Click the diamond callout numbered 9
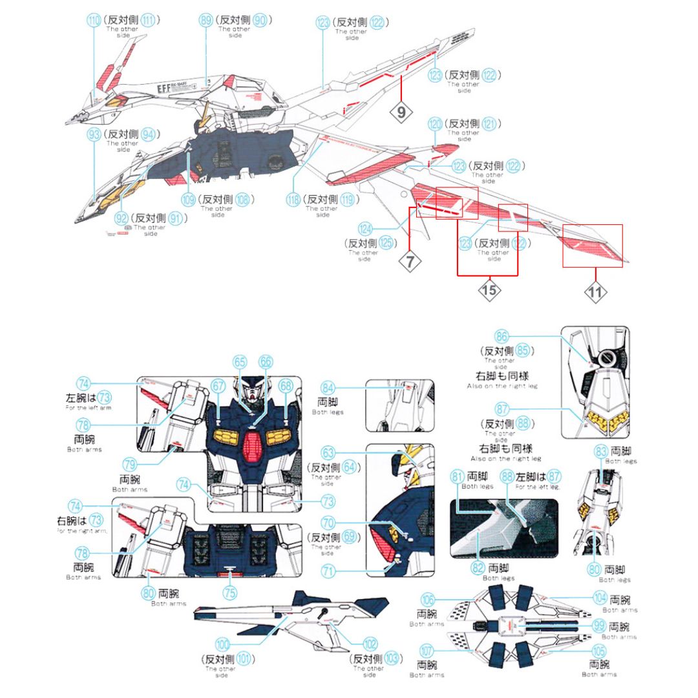pos(401,112)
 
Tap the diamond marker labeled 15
pos(489,290)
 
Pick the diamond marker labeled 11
pos(595,292)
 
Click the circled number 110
pos(94,21)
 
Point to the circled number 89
pos(206,21)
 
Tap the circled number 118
pos(293,200)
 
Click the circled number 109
pos(188,200)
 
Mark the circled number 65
pos(240,362)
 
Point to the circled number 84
pos(329,388)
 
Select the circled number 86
pos(502,336)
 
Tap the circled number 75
pos(229,592)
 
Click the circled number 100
pos(223,644)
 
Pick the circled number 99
pos(600,626)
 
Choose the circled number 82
pos(478,568)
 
